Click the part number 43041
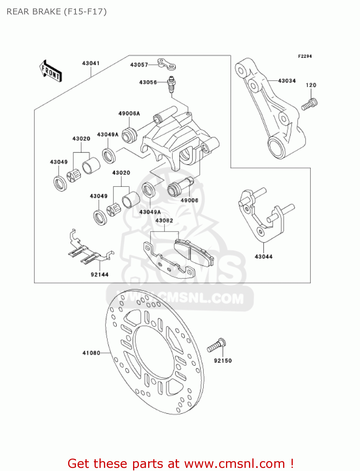(x=91, y=63)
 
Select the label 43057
(x=139, y=65)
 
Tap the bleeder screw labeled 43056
(x=171, y=84)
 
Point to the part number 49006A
(x=129, y=114)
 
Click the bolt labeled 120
(x=310, y=104)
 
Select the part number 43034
(x=287, y=81)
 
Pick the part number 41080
(x=91, y=353)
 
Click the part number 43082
(x=164, y=221)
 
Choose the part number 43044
(x=264, y=257)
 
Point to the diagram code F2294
(x=305, y=56)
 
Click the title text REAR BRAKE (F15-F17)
(x=56, y=12)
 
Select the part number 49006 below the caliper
(x=189, y=200)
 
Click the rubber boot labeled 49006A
(x=129, y=134)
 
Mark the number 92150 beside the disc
(x=223, y=361)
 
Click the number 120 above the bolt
(x=311, y=85)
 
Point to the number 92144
(x=99, y=275)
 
